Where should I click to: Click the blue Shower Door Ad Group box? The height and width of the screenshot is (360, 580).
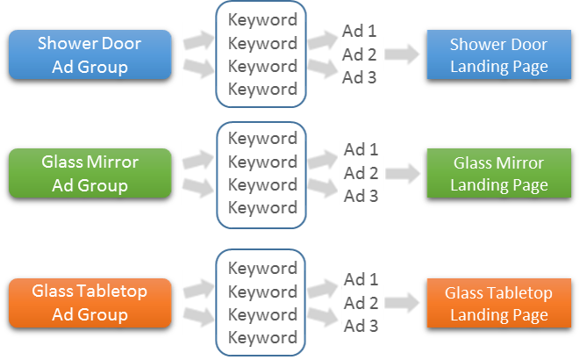(90, 54)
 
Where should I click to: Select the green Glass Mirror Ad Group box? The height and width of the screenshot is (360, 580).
(90, 174)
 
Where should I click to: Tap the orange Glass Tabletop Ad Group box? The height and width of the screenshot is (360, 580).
(90, 303)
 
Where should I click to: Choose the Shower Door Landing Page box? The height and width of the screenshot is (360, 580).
(498, 55)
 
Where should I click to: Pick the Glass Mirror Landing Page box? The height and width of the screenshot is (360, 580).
(498, 174)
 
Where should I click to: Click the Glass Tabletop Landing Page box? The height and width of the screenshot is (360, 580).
(498, 304)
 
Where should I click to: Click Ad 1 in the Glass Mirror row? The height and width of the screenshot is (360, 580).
(361, 149)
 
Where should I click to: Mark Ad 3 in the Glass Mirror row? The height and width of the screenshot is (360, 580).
(361, 196)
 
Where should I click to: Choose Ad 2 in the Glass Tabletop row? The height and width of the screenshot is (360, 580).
(361, 303)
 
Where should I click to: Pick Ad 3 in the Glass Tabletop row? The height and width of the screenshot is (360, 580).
(361, 326)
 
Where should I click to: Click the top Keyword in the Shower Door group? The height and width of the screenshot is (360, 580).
(262, 19)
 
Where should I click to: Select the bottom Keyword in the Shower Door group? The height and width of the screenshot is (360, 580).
(262, 89)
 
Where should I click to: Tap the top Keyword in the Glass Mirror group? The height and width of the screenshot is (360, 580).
(262, 139)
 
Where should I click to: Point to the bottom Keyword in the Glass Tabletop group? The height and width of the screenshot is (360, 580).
(262, 337)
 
